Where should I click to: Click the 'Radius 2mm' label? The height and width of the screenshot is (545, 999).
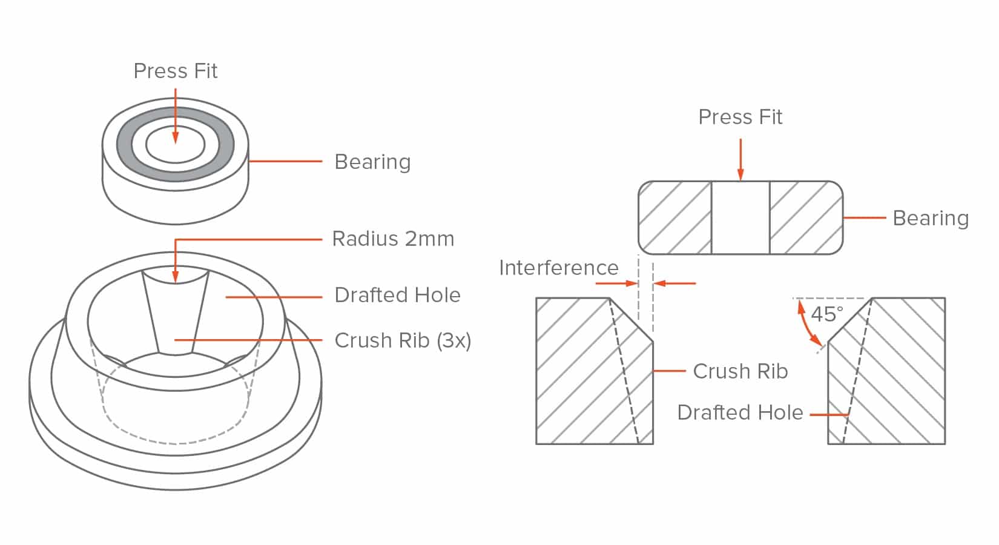tap(393, 239)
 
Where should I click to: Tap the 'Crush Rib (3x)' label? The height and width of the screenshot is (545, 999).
tap(403, 341)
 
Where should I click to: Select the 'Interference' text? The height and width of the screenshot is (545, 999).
tap(559, 268)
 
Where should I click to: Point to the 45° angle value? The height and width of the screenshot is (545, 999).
tap(827, 314)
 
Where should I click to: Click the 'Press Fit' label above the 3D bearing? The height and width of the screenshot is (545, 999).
tap(175, 71)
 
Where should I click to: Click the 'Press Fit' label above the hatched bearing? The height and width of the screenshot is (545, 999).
tap(740, 117)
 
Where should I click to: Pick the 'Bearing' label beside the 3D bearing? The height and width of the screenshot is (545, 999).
tap(372, 162)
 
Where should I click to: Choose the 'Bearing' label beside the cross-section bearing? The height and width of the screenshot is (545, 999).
tap(931, 219)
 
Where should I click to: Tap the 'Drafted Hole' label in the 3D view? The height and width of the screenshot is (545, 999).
tap(397, 296)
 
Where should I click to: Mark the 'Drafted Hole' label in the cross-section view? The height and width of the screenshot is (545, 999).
tap(740, 412)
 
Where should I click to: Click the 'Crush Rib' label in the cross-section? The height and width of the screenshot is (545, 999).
tap(740, 372)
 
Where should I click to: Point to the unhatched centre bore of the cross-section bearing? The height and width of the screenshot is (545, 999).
tap(740, 217)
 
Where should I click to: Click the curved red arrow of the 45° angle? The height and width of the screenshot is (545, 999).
tap(806, 324)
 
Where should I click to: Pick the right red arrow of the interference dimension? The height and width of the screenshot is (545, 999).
tap(674, 283)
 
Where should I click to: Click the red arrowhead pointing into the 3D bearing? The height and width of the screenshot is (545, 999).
tap(175, 138)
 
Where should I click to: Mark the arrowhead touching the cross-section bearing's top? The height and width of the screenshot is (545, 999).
tap(740, 175)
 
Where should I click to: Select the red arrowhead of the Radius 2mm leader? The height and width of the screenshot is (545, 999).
tap(175, 277)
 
